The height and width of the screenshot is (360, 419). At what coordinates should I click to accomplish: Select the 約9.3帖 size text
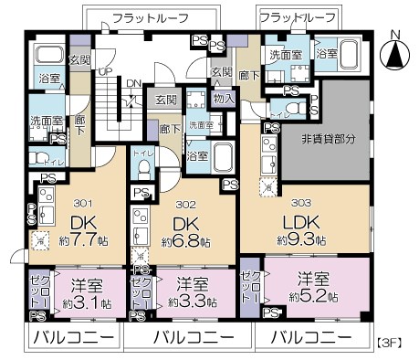[x=301, y=239]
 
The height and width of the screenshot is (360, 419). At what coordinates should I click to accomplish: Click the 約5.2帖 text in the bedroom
[x=313, y=297]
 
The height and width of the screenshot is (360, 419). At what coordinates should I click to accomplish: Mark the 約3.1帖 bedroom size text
[x=89, y=302]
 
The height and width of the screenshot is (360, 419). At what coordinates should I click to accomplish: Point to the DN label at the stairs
[x=134, y=83]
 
